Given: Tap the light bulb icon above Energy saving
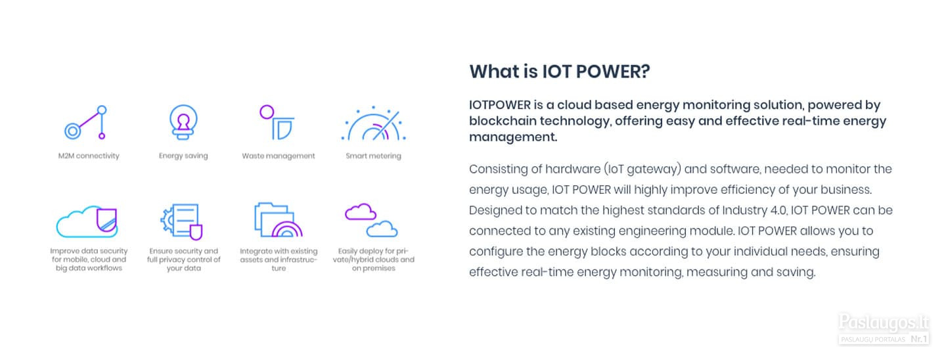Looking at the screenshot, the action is pyautogui.click(x=183, y=122).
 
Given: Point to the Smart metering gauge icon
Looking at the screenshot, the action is pyautogui.click(x=373, y=123).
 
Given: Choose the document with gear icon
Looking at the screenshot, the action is pyautogui.click(x=181, y=221).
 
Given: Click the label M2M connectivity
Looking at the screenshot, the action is pyautogui.click(x=89, y=156).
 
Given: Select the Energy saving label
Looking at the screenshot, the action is pyautogui.click(x=183, y=156).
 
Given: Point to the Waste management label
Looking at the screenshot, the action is pyautogui.click(x=279, y=156).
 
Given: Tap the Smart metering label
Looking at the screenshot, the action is pyautogui.click(x=373, y=156).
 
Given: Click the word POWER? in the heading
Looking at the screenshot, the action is pyautogui.click(x=613, y=72).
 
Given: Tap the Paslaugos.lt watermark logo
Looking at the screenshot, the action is pyautogui.click(x=884, y=323).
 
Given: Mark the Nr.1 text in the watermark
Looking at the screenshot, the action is pyautogui.click(x=918, y=339).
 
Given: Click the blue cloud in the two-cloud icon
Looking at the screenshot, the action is pyautogui.click(x=382, y=229).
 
